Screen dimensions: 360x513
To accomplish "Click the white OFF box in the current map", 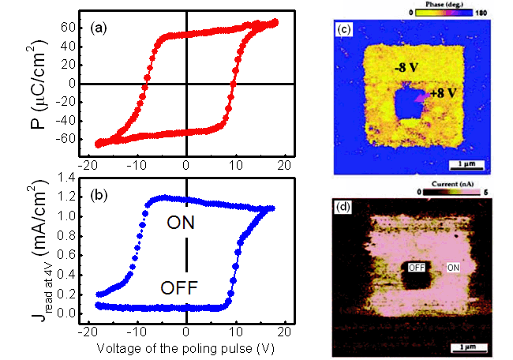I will click(416, 268).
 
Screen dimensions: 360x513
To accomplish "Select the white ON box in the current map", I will click(455, 268).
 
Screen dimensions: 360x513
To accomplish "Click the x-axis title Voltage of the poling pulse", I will click(188, 347).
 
